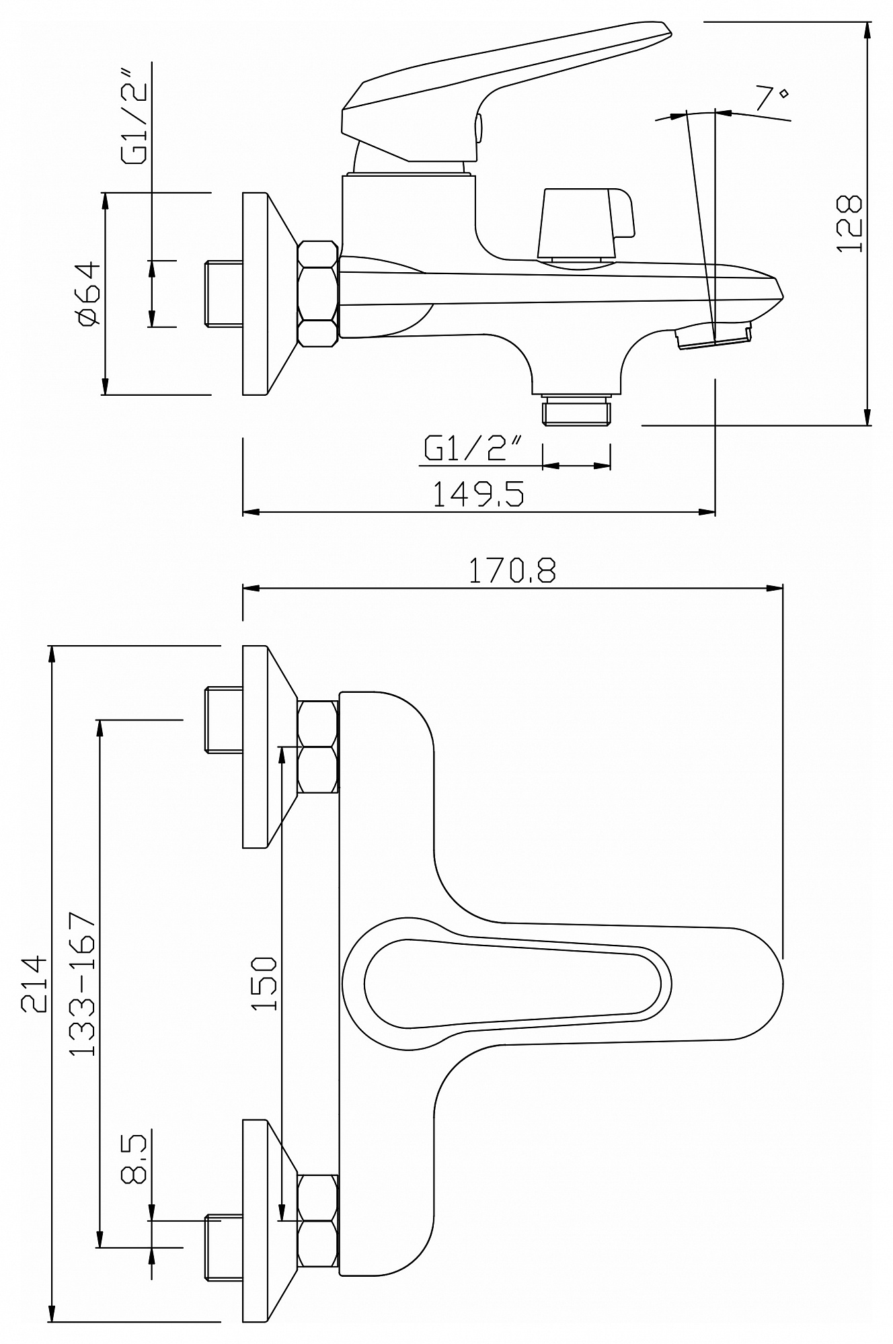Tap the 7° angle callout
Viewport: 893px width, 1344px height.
coord(771,98)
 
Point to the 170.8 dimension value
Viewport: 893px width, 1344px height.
coord(512,571)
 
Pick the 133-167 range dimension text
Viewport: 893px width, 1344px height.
coord(84,984)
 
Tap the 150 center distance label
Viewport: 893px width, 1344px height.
coord(264,984)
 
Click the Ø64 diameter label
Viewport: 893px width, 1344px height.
coord(89,294)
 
